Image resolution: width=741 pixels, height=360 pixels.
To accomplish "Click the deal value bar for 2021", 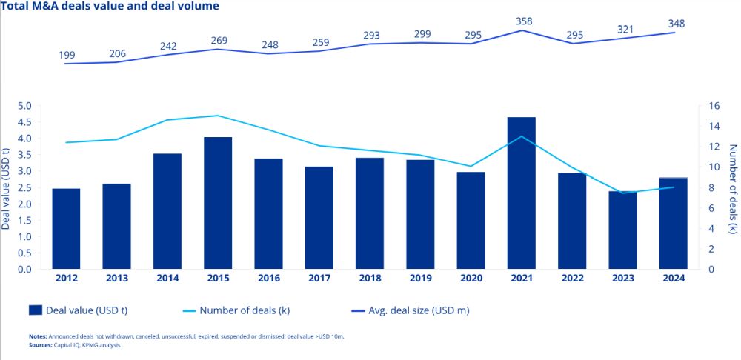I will (x=521, y=193).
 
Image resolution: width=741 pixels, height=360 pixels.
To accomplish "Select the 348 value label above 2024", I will (x=675, y=24).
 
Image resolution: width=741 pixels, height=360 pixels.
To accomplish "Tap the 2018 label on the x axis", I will (x=370, y=279).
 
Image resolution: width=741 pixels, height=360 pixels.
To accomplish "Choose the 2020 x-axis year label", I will (x=471, y=279).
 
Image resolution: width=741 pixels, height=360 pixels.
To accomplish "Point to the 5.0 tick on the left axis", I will (x=24, y=106).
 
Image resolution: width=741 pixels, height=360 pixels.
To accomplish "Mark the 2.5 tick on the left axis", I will (x=24, y=187).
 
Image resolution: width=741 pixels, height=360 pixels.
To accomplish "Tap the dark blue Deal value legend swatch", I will (x=35, y=310).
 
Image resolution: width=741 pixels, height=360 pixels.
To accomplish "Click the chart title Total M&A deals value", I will (x=110, y=7).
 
